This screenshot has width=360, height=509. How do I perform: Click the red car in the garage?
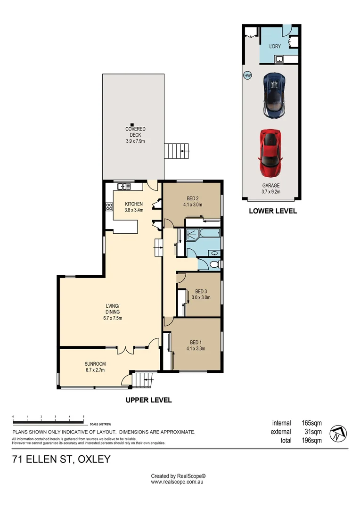(x=270, y=153)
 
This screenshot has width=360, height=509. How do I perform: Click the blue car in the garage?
(x=274, y=95)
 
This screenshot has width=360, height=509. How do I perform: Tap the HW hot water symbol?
(x=247, y=76)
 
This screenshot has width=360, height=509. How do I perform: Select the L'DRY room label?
(x=275, y=46)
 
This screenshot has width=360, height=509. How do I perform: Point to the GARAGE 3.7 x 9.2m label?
(x=271, y=189)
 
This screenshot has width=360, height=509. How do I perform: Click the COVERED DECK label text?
(x=135, y=132)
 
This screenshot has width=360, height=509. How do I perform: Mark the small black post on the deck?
(x=132, y=124)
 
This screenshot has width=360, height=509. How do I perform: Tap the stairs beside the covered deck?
(x=177, y=151)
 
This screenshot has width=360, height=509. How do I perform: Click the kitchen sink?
(x=124, y=186)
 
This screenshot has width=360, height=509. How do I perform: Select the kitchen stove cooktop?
(x=109, y=207)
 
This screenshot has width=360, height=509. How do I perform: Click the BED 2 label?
(x=193, y=199)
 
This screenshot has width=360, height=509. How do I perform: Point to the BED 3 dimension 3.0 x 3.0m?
(x=201, y=297)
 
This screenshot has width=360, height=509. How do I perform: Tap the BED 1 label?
(x=196, y=343)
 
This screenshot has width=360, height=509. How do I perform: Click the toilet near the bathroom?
(x=215, y=264)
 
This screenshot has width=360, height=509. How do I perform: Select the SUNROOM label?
(x=95, y=364)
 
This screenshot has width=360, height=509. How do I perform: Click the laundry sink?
(x=279, y=59)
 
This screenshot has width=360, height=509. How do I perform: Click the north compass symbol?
(x=338, y=434)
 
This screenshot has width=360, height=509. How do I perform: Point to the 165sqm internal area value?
(x=311, y=423)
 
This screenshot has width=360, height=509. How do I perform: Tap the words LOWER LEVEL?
(x=273, y=211)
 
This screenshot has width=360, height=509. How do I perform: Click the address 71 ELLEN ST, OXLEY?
(x=61, y=460)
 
